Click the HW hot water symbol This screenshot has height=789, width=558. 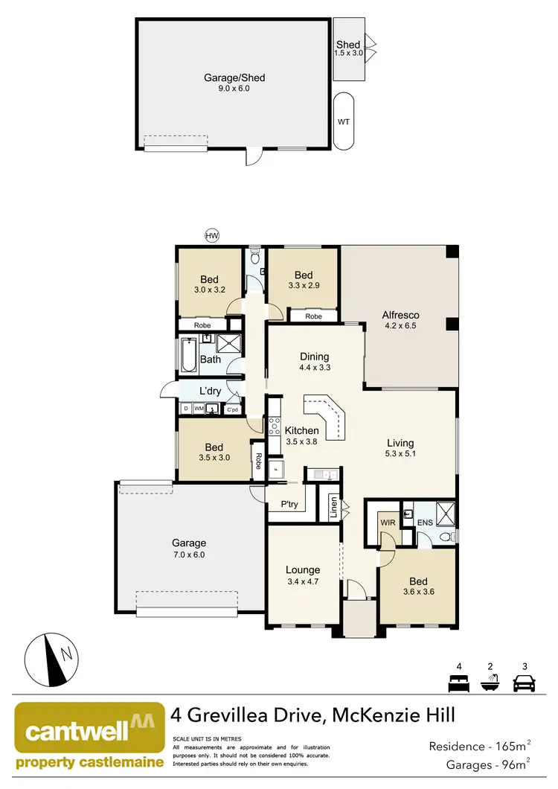212,236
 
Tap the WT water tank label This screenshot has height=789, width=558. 344,122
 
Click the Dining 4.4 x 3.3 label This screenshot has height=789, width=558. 314,362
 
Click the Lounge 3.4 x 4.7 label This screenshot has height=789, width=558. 302,576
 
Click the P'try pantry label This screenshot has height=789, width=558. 289,505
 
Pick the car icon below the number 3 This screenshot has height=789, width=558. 525,683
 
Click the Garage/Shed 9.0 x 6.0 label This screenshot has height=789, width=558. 234,83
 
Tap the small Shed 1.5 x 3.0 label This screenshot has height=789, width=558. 348,50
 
